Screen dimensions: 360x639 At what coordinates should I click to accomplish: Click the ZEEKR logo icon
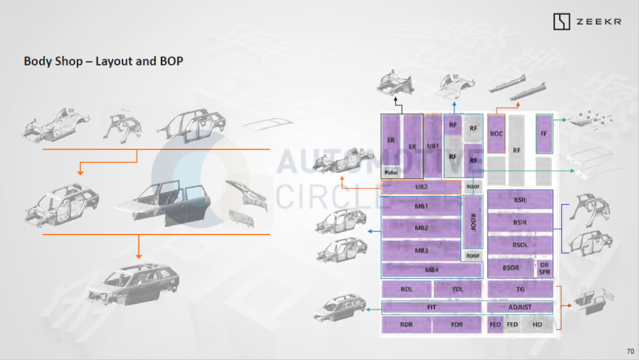click(561, 22)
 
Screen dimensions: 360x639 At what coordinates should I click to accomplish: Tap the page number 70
click(630, 351)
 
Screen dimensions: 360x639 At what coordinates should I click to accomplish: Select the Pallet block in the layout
click(391, 172)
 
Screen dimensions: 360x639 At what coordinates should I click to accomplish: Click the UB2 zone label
click(421, 187)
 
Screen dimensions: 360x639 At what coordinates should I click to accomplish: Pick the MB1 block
click(421, 206)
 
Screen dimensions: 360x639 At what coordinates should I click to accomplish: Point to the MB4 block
click(431, 270)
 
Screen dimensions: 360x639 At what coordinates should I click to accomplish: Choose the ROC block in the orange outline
click(496, 134)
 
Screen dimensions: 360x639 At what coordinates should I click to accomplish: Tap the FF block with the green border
click(544, 134)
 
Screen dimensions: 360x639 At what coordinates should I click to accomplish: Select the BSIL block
click(520, 200)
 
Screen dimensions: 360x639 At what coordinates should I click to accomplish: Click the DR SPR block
click(544, 268)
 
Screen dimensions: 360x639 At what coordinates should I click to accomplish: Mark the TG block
click(520, 290)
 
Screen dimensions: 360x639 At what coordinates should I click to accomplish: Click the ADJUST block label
click(520, 307)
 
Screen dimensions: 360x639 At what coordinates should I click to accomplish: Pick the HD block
click(537, 324)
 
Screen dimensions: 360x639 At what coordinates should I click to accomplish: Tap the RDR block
click(406, 324)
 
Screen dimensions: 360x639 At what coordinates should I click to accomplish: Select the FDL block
click(458, 290)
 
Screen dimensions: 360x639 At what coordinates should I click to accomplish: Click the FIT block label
click(431, 307)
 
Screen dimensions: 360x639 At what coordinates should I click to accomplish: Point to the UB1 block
click(433, 146)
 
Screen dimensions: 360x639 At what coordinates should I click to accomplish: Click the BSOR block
click(511, 268)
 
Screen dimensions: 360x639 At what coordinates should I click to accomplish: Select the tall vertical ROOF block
click(473, 222)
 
